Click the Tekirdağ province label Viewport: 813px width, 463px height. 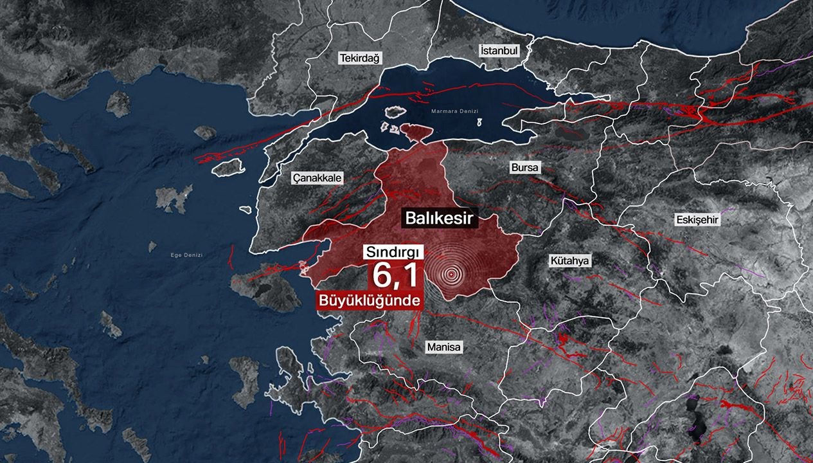point(361,58)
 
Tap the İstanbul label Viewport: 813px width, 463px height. point(499,50)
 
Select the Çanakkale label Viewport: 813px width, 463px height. point(317,178)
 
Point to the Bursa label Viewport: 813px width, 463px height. point(525,168)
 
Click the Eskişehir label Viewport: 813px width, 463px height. point(697,220)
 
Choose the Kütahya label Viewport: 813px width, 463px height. point(569,261)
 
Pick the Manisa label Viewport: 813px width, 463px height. point(444,347)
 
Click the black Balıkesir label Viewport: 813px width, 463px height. point(440,218)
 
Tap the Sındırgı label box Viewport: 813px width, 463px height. point(392,251)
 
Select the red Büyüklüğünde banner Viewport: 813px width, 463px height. point(369,300)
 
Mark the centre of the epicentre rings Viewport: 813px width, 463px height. point(451,275)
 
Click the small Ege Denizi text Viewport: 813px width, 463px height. point(185,255)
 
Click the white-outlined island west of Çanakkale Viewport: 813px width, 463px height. point(229,167)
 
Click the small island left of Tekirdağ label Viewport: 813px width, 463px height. point(118,103)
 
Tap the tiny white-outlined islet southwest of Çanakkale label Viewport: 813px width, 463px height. point(245,210)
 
